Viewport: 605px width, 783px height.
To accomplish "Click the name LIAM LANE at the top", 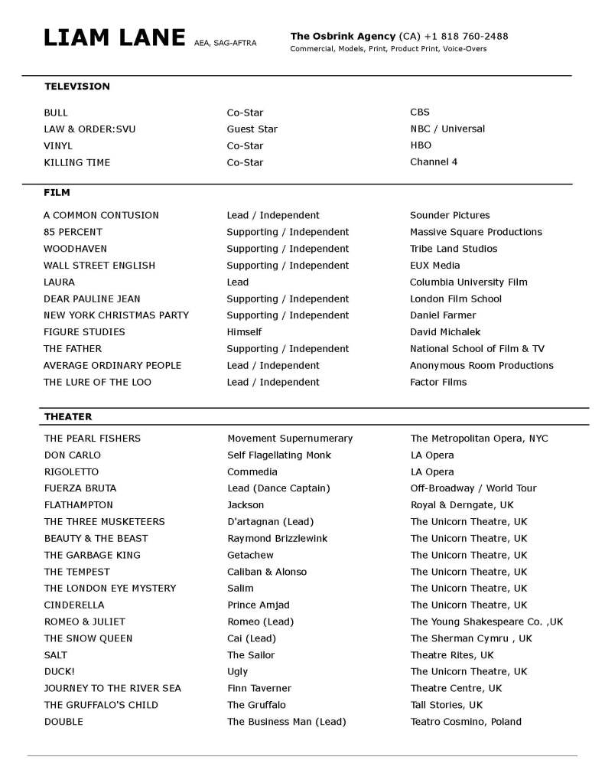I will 115,38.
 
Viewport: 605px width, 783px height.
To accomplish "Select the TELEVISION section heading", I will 77,86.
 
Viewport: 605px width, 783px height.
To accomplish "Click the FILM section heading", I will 57,193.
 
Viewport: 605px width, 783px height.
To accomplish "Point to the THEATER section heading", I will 68,416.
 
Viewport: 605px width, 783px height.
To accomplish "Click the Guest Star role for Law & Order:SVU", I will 252,129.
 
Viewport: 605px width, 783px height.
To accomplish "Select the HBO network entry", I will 421,145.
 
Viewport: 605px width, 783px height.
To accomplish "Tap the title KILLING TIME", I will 77,162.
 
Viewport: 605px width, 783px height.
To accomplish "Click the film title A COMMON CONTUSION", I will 102,215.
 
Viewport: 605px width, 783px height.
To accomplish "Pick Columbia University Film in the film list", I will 469,282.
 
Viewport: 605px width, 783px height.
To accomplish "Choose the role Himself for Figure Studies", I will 244,332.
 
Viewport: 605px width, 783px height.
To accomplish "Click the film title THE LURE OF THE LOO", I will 98,382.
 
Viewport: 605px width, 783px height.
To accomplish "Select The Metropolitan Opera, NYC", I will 480,439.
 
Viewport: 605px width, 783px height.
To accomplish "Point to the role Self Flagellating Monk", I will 279,455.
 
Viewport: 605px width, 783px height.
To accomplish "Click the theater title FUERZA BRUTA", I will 80,488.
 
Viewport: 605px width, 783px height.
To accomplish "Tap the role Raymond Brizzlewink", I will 278,538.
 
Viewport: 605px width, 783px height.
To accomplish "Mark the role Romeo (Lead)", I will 260,622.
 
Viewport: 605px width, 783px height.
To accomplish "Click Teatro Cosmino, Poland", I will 466,722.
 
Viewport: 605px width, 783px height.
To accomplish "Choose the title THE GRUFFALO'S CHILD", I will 101,705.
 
